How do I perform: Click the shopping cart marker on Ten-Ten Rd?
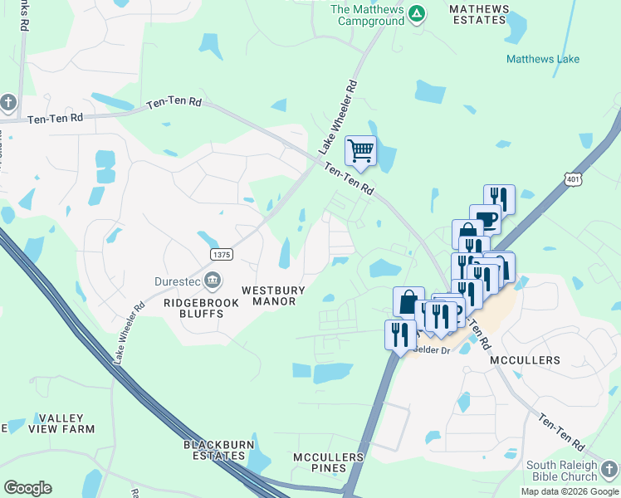(360, 152)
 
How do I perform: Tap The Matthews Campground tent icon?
(417, 13)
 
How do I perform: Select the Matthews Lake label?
(543, 59)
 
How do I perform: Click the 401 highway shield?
(572, 178)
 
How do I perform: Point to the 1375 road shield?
(221, 254)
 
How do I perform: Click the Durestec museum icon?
(213, 280)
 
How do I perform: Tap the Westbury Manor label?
(274, 295)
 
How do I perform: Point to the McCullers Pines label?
(329, 462)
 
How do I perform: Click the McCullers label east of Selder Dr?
(525, 360)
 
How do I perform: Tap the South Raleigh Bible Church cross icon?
(610, 469)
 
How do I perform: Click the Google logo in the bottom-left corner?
(27, 488)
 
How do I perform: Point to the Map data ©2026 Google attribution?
(569, 491)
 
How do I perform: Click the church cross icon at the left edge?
(8, 102)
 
